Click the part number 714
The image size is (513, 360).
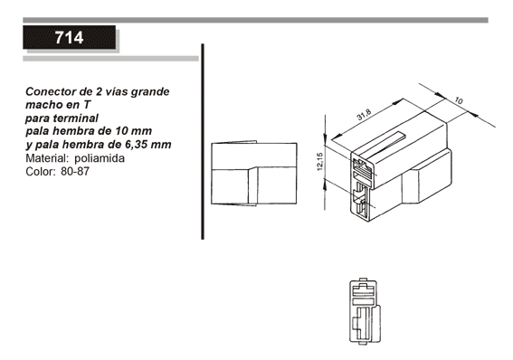coord(69,38)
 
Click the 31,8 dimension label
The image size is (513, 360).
coord(364,115)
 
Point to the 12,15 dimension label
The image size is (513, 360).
coord(320,162)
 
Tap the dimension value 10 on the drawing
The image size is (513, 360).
coord(459,100)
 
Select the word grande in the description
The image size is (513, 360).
coord(150,92)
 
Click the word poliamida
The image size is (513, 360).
coord(100,158)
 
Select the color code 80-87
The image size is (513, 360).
coord(75,171)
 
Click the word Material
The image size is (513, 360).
coord(47,158)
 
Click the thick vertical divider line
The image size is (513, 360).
coord(203,142)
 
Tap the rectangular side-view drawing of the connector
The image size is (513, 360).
coord(254,174)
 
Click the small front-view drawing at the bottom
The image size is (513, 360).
coord(366,311)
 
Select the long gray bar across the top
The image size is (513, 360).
coord(255,20)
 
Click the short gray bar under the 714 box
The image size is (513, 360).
coord(110,59)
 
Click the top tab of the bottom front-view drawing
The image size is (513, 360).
coord(363,279)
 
